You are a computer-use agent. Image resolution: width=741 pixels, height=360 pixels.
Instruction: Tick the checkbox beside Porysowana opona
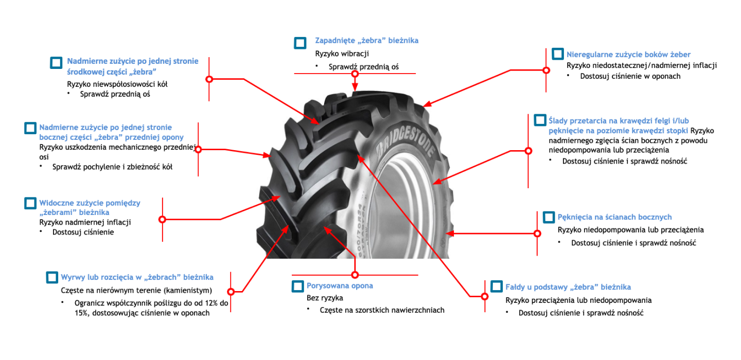(298, 286)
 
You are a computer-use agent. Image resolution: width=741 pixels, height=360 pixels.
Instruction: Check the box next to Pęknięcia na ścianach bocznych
(549, 217)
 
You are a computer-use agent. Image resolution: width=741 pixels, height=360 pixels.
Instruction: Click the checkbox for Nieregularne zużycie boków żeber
(558, 54)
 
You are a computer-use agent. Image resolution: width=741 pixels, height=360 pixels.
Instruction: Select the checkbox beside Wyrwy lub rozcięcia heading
(52, 277)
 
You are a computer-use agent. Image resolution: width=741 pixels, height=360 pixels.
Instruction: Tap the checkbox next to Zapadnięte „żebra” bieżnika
(300, 43)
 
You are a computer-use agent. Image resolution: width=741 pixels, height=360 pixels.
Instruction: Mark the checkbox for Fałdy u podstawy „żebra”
(497, 286)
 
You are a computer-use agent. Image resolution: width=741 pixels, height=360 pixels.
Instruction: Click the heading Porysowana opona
(340, 286)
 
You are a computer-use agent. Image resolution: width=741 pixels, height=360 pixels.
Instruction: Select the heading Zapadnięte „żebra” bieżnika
(366, 40)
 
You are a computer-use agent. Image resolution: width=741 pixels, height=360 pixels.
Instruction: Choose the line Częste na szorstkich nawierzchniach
(382, 310)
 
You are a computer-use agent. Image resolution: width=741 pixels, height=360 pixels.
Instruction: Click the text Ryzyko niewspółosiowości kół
(117, 84)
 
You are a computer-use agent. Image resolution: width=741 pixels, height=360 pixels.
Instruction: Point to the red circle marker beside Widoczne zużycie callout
(162, 219)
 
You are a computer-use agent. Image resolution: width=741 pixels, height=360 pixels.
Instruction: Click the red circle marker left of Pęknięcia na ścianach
(537, 233)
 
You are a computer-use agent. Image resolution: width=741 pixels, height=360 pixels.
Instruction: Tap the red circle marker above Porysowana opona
(355, 274)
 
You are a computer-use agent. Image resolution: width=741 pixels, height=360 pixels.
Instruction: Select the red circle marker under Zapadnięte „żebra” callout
(355, 74)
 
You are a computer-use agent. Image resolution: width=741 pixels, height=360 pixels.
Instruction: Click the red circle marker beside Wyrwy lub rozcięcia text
(231, 292)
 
